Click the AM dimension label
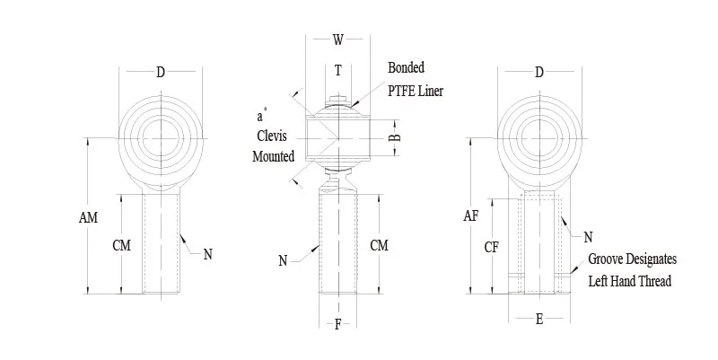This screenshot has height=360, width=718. click(88, 218)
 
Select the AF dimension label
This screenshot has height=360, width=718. click(471, 215)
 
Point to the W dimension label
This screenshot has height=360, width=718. click(337, 40)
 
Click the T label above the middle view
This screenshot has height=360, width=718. click(337, 70)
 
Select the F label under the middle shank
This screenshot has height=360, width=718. click(337, 325)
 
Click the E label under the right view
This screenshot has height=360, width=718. click(539, 319)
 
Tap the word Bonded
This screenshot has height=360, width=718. click(406, 68)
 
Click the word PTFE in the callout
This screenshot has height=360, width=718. click(401, 91)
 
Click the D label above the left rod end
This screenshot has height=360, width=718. click(161, 73)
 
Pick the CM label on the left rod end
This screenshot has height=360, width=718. click(121, 245)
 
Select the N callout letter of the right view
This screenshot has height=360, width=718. click(588, 237)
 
